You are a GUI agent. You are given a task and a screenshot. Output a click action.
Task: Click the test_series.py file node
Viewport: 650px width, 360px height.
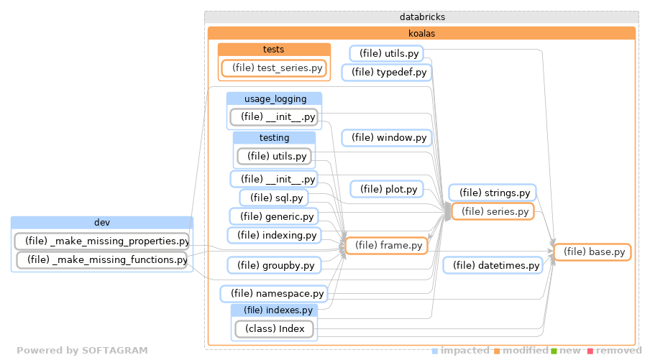coord(273,68)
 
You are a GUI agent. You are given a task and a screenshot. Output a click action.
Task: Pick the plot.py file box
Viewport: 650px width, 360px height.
coord(386,190)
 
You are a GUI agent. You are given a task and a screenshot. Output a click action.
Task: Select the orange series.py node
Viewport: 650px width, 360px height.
coord(493,211)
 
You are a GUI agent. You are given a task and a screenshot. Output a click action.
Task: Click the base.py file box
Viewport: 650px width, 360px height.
coord(592,252)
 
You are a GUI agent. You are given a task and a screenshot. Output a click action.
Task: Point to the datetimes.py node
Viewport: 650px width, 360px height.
coord(493,266)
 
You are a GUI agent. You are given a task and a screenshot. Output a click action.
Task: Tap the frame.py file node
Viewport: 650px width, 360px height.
coord(386,246)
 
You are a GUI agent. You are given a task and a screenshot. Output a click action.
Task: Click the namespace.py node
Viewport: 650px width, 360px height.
coord(273,293)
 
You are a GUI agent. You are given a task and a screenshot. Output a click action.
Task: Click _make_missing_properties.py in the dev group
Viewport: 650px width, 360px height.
coord(101,241)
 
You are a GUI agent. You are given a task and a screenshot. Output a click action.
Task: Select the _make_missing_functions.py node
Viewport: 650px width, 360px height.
coord(101,259)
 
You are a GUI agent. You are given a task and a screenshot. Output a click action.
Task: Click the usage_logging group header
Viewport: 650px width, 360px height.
coord(274,98)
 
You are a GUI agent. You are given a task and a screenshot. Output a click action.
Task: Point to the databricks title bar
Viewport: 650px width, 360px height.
coord(421,17)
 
